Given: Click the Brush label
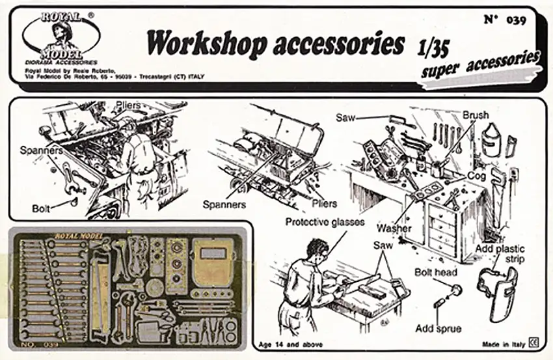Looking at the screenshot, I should click(x=476, y=115).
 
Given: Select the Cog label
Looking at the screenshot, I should click(x=476, y=176).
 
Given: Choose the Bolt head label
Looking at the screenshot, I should click(x=437, y=272).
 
